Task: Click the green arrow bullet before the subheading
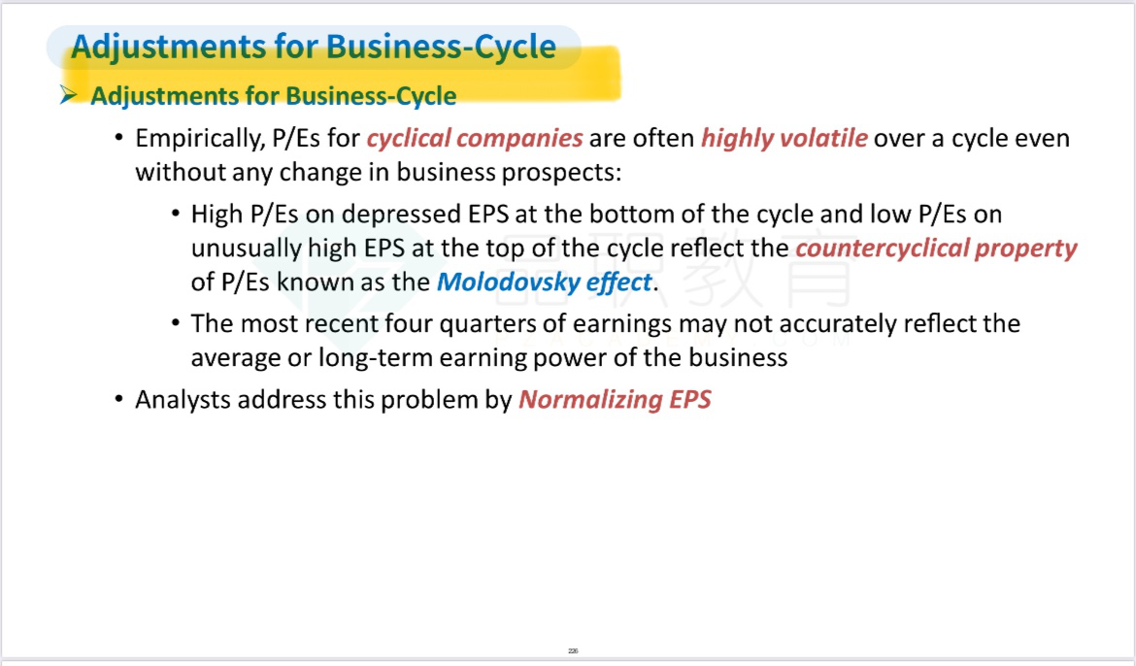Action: pyautogui.click(x=69, y=94)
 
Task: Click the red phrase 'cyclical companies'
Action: pyautogui.click(x=475, y=138)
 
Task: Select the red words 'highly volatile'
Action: pyautogui.click(x=784, y=138)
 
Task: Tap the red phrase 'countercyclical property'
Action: pyautogui.click(x=936, y=248)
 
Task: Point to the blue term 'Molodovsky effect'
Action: pyautogui.click(x=544, y=282)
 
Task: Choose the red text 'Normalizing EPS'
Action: pyautogui.click(x=616, y=399)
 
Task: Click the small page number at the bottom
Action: pyautogui.click(x=573, y=650)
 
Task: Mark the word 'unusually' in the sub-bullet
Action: pyautogui.click(x=247, y=248)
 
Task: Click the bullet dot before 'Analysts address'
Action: pyautogui.click(x=119, y=399)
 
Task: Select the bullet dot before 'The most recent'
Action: pyautogui.click(x=176, y=323)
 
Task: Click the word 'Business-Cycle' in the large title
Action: pyautogui.click(x=441, y=47)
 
